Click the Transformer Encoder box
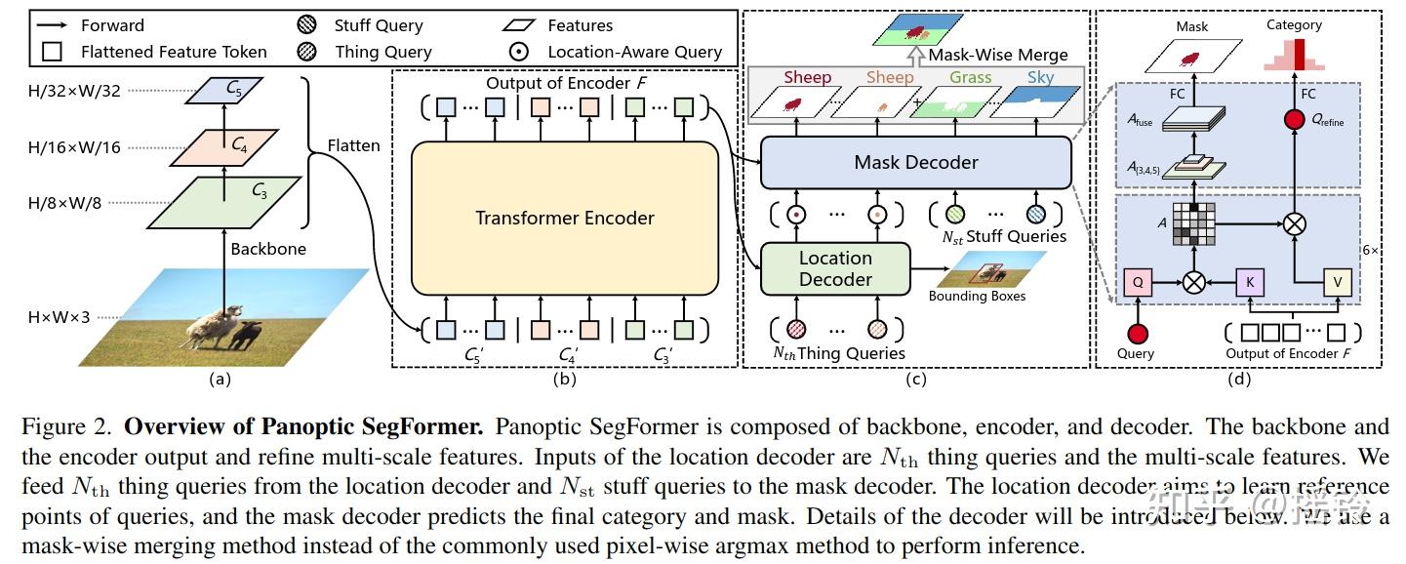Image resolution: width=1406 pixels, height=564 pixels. click(564, 218)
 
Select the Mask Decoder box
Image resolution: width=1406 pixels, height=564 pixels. click(915, 162)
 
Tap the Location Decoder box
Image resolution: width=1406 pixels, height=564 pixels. click(835, 268)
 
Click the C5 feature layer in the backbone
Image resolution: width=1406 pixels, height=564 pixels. click(233, 91)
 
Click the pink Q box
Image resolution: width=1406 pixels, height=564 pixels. click(1136, 283)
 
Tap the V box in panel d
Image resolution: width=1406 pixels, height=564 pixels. click(1337, 283)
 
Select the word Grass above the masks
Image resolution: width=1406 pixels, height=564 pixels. click(970, 77)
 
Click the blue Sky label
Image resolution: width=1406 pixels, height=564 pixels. click(1040, 77)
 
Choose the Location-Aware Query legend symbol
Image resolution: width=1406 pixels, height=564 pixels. click(524, 52)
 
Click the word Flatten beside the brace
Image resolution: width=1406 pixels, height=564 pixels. click(353, 145)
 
